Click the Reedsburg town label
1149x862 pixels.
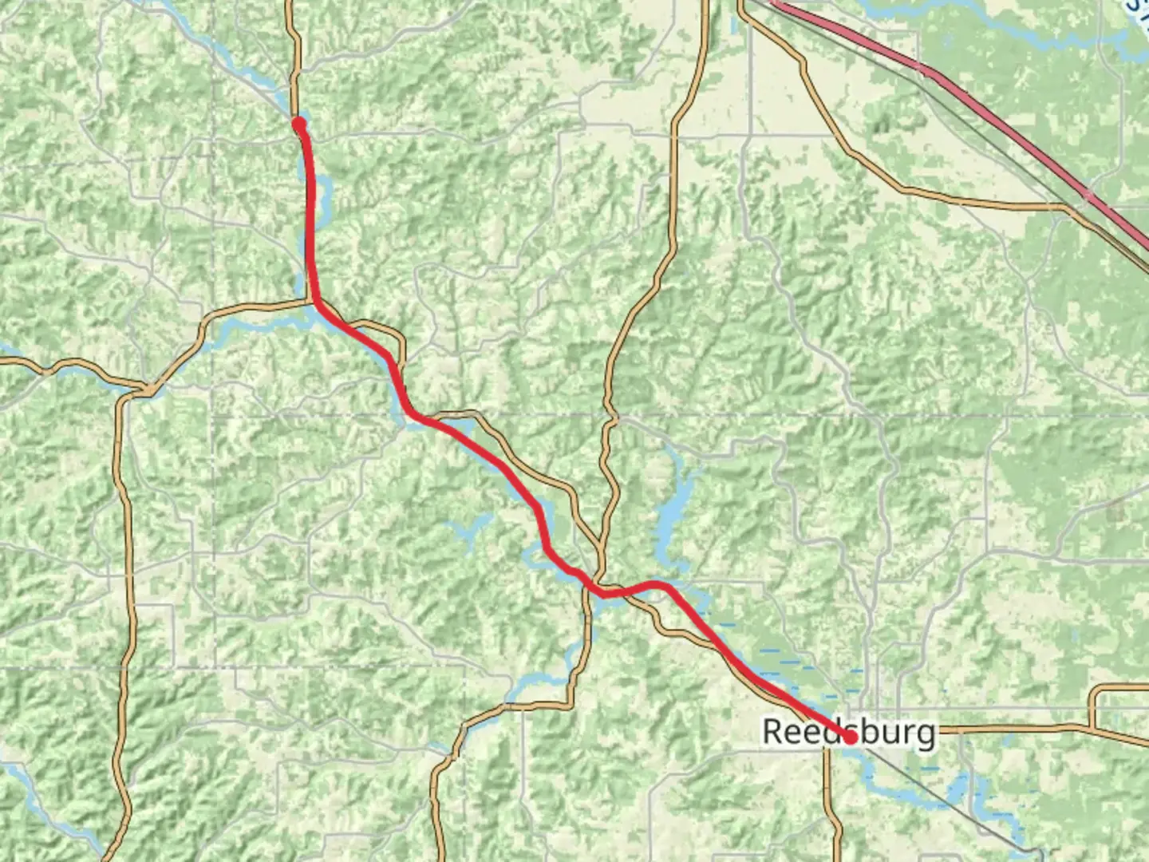[x=848, y=732]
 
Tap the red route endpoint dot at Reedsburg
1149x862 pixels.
[x=851, y=737]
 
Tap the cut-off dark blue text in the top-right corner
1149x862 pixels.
[x=1136, y=6]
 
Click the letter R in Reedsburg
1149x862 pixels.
[x=772, y=732]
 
